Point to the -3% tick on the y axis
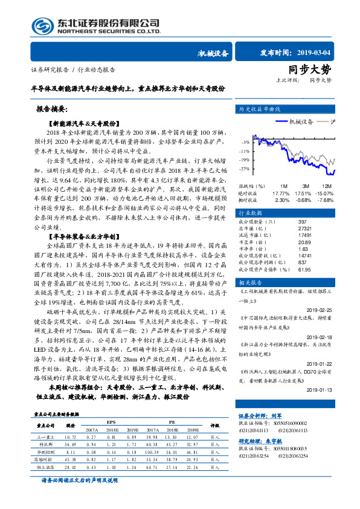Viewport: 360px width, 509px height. [x=242, y=141]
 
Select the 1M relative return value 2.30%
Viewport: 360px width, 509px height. [x=282, y=200]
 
